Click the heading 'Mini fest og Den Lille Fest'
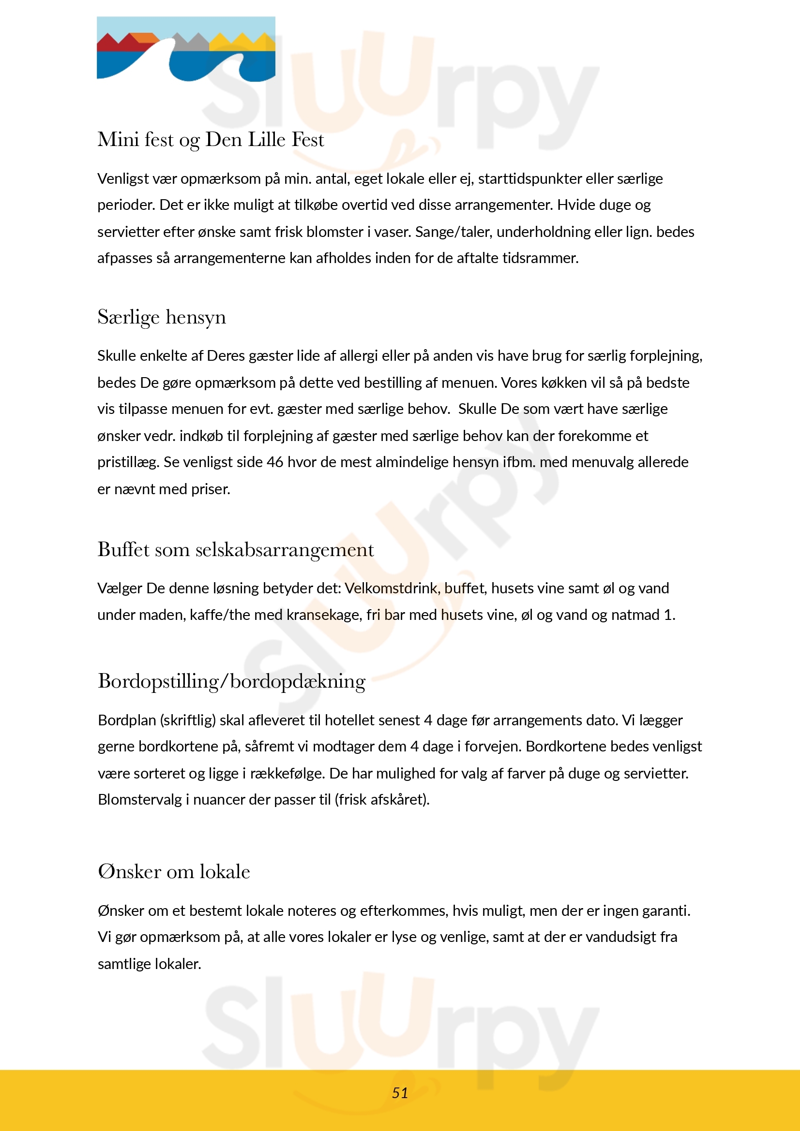click(x=211, y=140)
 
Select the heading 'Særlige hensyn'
click(x=162, y=317)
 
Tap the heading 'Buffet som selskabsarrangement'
click(x=236, y=550)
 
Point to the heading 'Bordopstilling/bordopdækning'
click(x=232, y=682)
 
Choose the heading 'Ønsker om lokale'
click(x=174, y=872)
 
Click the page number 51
click(x=400, y=1093)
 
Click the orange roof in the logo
click(x=144, y=38)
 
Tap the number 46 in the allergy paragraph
click(x=275, y=462)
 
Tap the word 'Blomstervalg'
click(x=140, y=799)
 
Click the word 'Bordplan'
click(x=127, y=720)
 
